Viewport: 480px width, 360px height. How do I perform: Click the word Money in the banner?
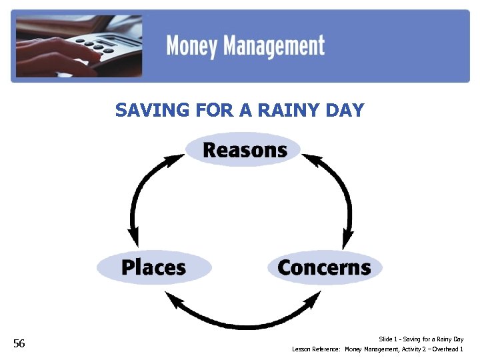(191, 47)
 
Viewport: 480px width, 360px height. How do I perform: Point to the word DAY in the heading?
(347, 110)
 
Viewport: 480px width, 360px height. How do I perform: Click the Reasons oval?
(244, 150)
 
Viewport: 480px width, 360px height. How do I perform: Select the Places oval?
(154, 267)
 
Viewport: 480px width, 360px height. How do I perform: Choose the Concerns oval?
(325, 267)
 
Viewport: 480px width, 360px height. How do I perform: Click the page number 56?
(19, 343)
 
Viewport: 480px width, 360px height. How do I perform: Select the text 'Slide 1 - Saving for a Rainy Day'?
(421, 339)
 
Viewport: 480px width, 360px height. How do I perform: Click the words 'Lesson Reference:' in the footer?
(317, 349)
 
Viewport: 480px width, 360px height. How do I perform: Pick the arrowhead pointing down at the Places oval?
(134, 239)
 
